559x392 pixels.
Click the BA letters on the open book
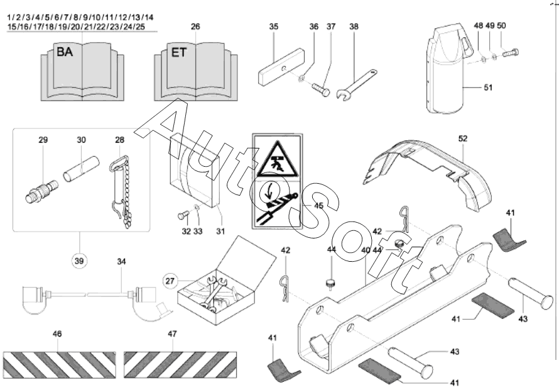(x=65, y=52)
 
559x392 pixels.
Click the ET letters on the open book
(x=178, y=52)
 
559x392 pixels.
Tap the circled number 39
(x=79, y=261)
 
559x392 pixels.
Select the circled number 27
(x=170, y=281)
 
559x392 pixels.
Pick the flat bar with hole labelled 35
(x=281, y=68)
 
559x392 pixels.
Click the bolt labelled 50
(x=511, y=53)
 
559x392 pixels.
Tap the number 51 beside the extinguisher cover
(x=488, y=87)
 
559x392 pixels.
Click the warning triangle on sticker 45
(x=278, y=160)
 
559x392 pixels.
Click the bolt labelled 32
(x=183, y=216)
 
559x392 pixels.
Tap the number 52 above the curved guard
(x=463, y=138)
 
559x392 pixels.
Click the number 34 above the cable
(x=122, y=261)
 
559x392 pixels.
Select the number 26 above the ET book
(x=195, y=26)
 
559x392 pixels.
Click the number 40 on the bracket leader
(x=366, y=250)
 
